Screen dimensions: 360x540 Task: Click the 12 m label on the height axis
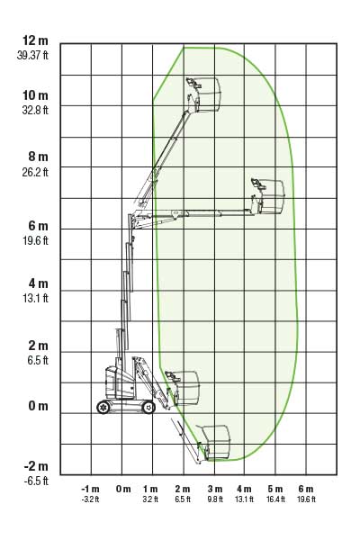(35, 40)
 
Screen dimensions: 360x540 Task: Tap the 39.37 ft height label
(32, 55)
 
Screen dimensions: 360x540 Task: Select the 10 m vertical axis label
(35, 95)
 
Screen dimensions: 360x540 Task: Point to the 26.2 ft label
(35, 172)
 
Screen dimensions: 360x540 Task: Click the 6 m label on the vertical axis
(38, 226)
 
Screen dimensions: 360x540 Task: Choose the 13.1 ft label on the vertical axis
(35, 298)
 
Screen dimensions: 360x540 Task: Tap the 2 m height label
(38, 346)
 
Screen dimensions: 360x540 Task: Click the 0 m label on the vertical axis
(38, 406)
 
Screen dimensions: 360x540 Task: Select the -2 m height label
(36, 466)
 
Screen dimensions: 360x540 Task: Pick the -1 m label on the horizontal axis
(90, 489)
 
